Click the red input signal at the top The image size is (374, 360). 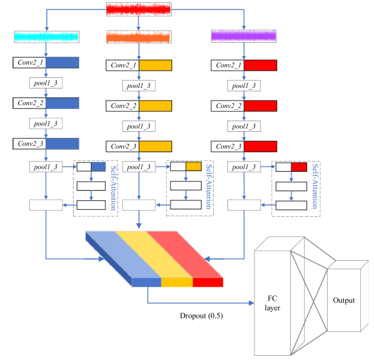(138, 10)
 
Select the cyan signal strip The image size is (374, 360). (47, 37)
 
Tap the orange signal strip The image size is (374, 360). (138, 37)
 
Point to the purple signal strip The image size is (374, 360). (244, 36)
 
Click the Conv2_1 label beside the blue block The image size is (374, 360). (30, 62)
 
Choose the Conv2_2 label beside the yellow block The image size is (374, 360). (123, 106)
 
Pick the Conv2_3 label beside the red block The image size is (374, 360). (229, 146)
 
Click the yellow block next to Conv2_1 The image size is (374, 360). (156, 65)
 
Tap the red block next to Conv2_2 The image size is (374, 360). (261, 106)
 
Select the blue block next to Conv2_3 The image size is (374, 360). (62, 144)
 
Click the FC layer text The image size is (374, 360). (272, 303)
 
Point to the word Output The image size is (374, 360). (344, 300)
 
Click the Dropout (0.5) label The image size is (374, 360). (201, 316)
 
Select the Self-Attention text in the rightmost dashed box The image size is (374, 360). (315, 186)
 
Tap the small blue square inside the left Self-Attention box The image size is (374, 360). (99, 167)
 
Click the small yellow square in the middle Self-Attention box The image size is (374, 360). (194, 166)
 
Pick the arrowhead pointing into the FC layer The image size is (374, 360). (251, 303)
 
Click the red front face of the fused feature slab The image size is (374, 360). (208, 282)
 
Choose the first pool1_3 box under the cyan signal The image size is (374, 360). (46, 83)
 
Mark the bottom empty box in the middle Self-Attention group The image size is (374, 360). (186, 205)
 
